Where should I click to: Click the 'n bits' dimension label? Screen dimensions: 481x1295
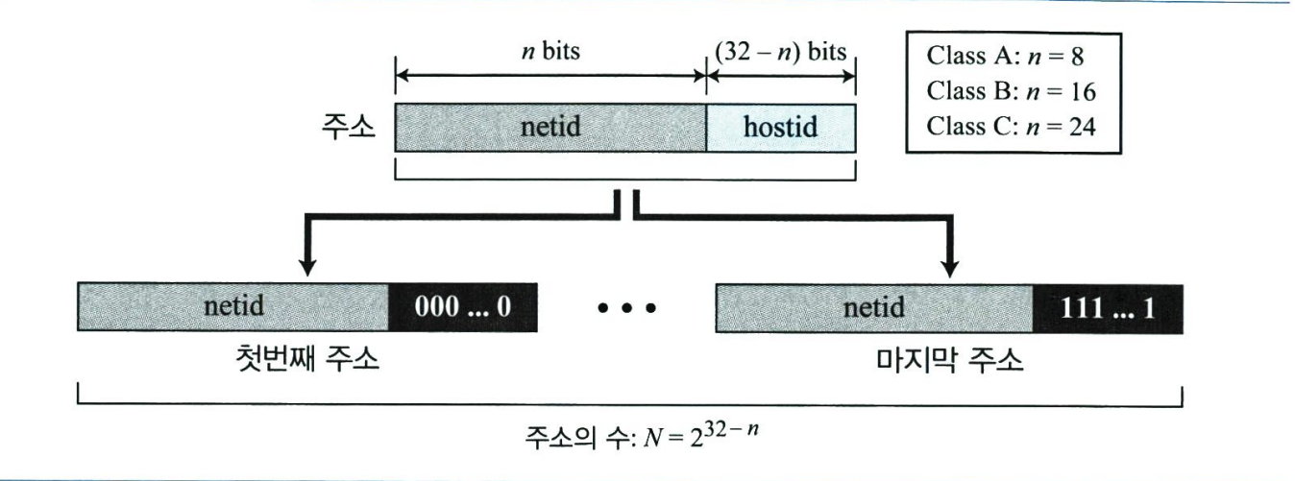coord(550,51)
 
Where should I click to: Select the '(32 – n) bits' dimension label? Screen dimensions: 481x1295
coord(779,51)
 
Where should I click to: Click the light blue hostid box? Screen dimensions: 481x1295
coord(781,127)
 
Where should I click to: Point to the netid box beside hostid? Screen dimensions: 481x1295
coord(550,127)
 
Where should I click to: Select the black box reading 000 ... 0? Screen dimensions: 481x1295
coord(462,308)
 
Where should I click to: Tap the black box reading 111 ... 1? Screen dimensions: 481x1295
coord(1107,308)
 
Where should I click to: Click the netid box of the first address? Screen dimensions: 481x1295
coord(233,308)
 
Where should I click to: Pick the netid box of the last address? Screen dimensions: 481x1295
coord(873,308)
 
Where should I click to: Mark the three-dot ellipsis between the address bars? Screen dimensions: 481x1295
coord(625,309)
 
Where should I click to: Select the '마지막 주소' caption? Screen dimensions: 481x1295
coord(950,361)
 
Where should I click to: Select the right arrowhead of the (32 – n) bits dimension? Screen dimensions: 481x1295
coord(849,76)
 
